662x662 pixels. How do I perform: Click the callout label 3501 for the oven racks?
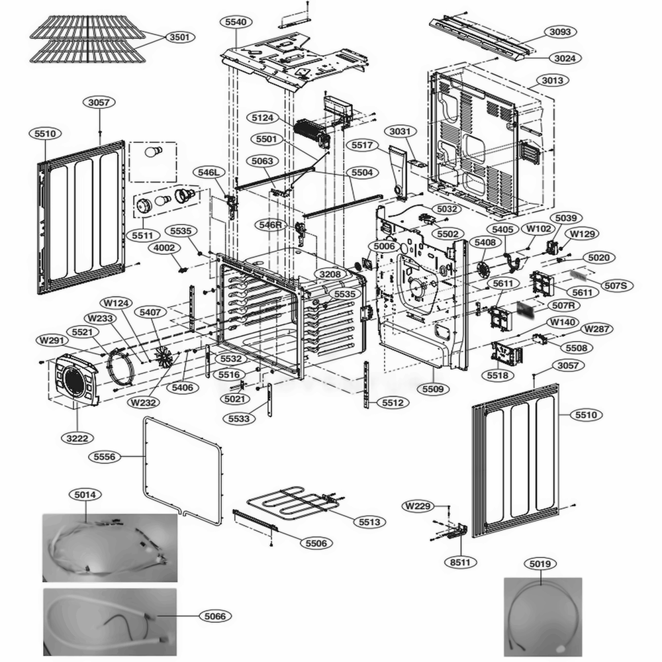(x=178, y=38)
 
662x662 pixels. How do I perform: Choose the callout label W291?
(x=52, y=340)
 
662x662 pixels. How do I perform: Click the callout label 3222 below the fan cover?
(x=77, y=438)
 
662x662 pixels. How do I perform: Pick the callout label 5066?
(x=214, y=616)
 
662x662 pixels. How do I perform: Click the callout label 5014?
(x=85, y=494)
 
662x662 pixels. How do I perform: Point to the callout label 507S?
(x=619, y=285)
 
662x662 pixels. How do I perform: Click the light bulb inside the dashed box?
(x=153, y=154)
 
